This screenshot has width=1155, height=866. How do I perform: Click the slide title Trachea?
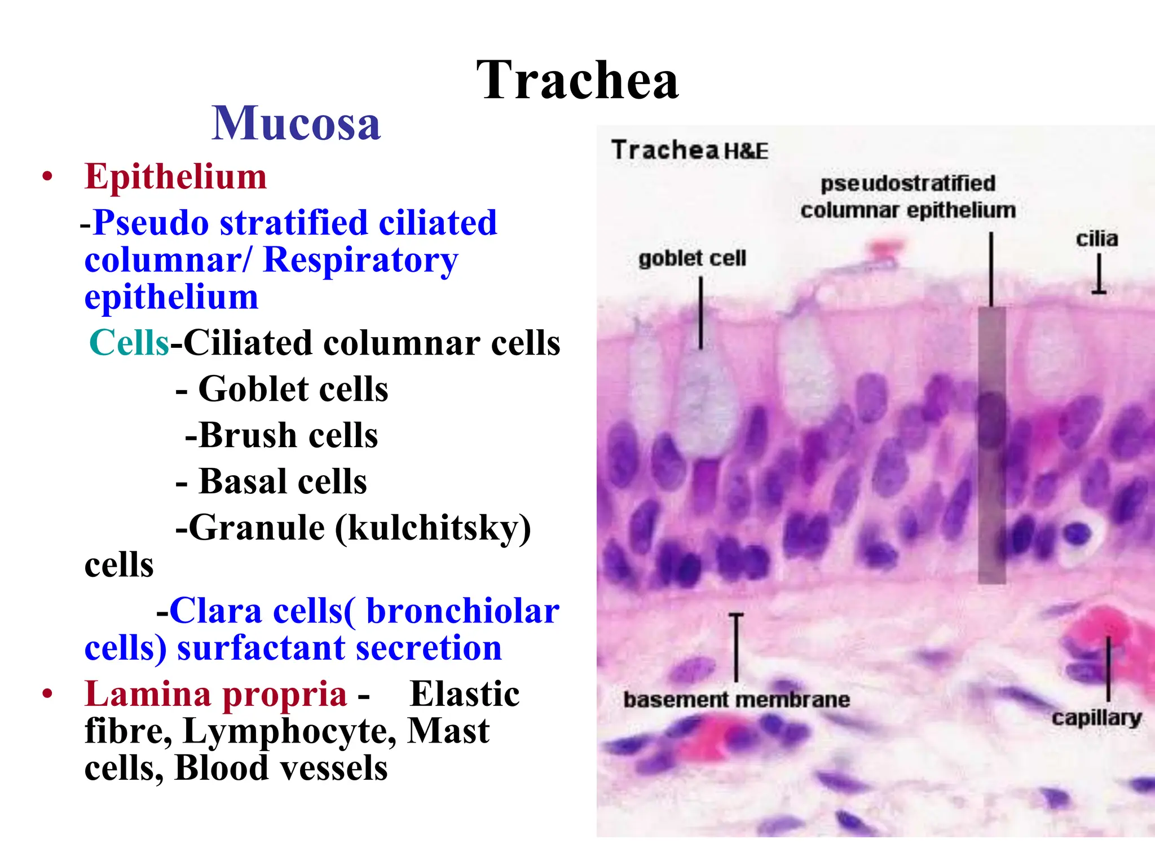click(577, 80)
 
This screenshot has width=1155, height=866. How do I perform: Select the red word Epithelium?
click(175, 176)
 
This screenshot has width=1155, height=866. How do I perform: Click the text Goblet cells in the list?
click(293, 389)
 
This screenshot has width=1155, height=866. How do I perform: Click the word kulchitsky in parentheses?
click(433, 528)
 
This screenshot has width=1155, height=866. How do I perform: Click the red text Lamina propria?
click(215, 693)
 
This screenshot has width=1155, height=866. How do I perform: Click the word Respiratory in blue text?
click(361, 260)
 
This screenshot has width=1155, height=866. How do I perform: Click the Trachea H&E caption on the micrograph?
click(689, 151)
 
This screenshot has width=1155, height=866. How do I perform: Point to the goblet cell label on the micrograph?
click(692, 259)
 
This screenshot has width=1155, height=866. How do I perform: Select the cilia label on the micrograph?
click(1096, 239)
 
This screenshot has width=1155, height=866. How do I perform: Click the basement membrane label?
click(737, 700)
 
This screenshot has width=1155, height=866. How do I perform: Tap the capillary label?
click(1096, 718)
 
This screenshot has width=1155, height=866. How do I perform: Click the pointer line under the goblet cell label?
click(701, 313)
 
